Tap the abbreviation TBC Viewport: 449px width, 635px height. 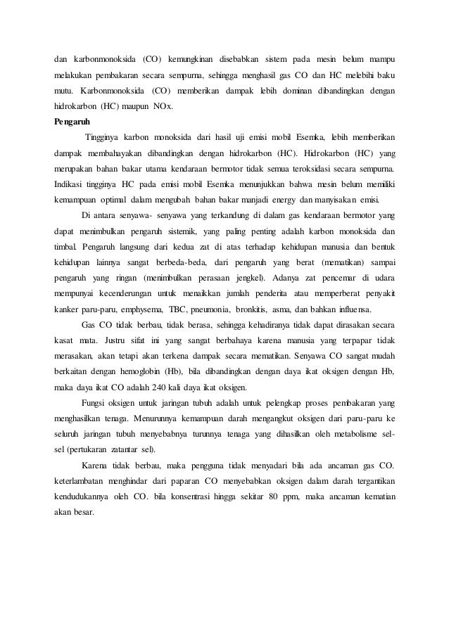click(173, 310)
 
